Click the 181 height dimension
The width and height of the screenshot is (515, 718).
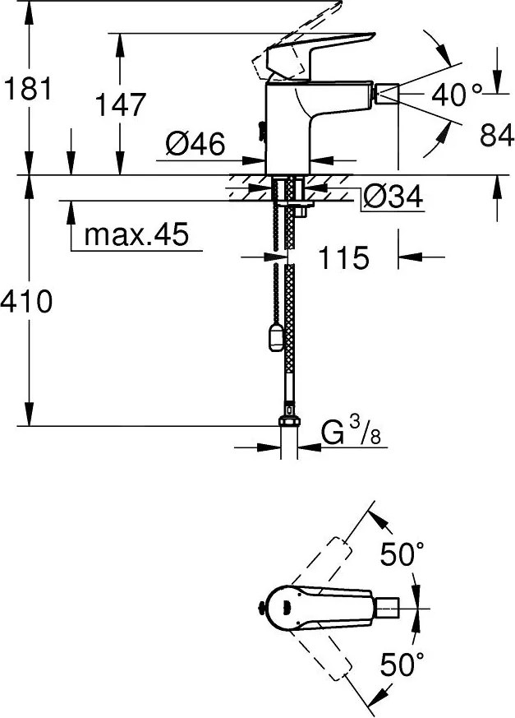coord(28,88)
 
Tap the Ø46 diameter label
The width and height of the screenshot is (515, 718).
coord(195,145)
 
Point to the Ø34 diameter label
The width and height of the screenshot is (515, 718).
coord(392,197)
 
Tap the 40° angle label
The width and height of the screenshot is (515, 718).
coord(457,95)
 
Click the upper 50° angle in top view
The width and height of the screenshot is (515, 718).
coord(402,557)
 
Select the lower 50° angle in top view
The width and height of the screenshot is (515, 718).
coord(402,662)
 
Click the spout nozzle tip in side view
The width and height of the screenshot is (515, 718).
coord(386,95)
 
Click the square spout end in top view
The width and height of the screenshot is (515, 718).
coord(389,608)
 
